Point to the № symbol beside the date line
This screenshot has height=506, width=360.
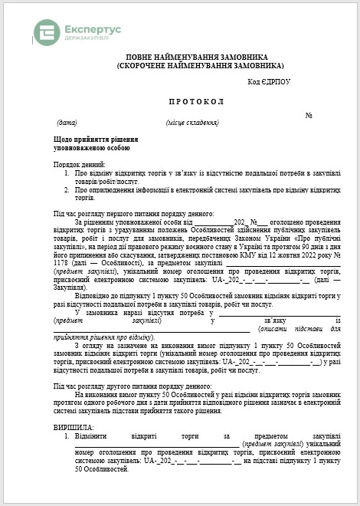click(x=309, y=116)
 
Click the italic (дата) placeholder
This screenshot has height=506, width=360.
click(x=67, y=123)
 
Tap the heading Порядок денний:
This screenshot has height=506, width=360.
click(x=79, y=165)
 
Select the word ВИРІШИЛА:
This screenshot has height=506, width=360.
click(x=74, y=426)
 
